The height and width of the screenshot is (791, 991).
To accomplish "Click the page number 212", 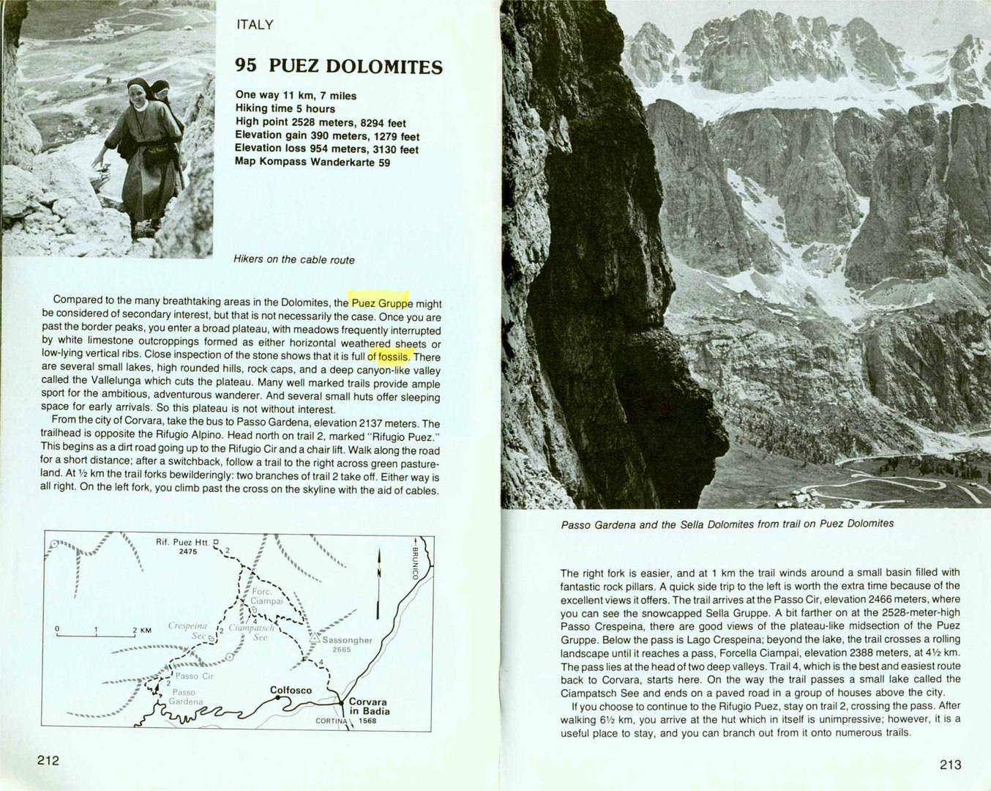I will point(48,760).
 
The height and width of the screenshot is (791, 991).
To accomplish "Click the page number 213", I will point(950,765).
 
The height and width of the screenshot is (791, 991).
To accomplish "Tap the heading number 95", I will point(246,65).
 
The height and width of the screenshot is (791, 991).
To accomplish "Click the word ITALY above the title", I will point(255,24).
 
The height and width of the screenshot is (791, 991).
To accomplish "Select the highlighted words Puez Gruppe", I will point(381,302).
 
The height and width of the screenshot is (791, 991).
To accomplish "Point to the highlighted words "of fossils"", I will point(389,357).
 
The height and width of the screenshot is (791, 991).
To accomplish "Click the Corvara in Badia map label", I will point(369,706).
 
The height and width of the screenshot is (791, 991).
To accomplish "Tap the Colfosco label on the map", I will point(291,690).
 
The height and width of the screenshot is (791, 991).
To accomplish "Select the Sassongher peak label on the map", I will point(347,640).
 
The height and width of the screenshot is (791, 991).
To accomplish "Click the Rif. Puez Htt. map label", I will point(182,542).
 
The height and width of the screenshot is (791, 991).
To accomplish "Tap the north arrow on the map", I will point(378,583).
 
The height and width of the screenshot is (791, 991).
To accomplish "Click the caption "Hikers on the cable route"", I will point(293,259).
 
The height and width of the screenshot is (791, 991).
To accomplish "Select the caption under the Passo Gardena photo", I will point(727,524).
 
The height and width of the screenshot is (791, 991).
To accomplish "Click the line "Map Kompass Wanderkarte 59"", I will point(313,162).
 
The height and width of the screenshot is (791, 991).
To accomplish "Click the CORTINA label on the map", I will point(332,721).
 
